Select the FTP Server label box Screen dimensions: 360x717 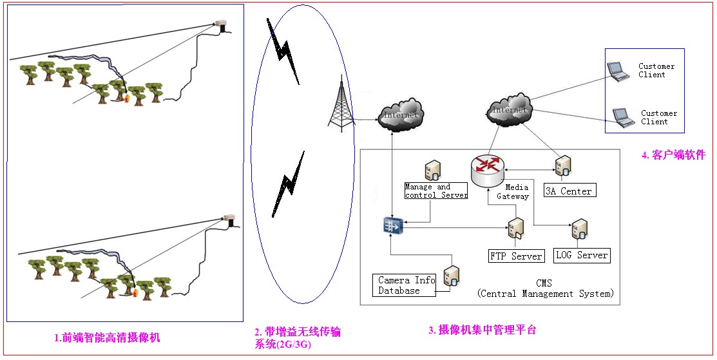click(x=517, y=256)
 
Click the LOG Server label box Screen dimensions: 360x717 click(x=582, y=255)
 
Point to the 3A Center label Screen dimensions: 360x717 click(x=568, y=191)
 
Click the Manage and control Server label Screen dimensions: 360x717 click(x=436, y=191)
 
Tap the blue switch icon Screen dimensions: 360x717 click(x=392, y=225)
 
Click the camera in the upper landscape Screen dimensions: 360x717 click(x=223, y=26)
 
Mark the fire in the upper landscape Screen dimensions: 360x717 click(x=128, y=99)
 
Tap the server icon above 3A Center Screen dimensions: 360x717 click(x=562, y=166)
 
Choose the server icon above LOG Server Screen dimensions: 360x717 click(x=579, y=231)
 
